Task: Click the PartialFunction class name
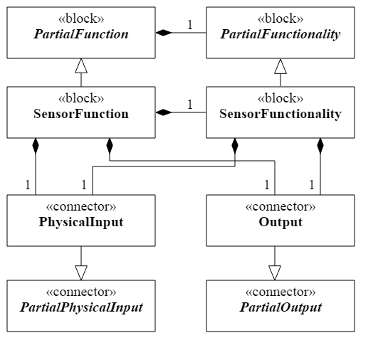point(81,34)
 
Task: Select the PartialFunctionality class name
point(280,34)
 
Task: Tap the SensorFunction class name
point(81,114)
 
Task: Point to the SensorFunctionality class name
point(280,115)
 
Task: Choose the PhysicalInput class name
point(81,223)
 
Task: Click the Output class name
point(280,223)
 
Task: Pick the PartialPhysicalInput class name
point(81,307)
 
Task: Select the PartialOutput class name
point(280,307)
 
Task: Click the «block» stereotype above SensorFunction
point(81,98)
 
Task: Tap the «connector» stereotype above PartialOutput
point(280,292)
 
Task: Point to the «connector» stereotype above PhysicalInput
point(81,207)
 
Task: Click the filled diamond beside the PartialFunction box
point(164,33)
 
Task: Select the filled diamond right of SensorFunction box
point(164,112)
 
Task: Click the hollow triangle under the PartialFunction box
point(81,65)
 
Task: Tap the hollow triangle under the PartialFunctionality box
point(280,66)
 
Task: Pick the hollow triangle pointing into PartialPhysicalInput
point(81,273)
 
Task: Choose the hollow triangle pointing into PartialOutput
point(275,273)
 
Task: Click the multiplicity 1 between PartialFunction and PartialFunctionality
point(190,25)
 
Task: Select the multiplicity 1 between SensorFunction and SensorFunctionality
point(190,105)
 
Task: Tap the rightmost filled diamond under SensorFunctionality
point(320,146)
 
